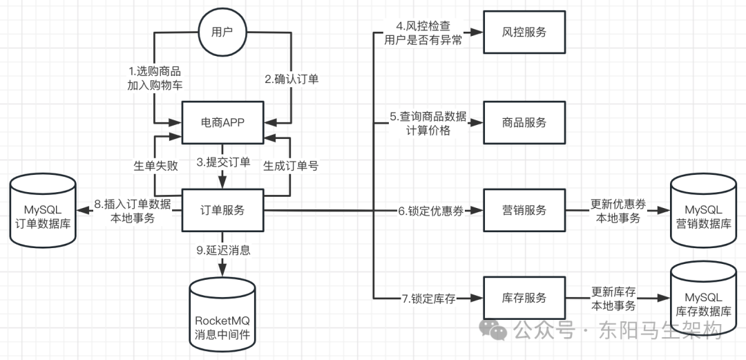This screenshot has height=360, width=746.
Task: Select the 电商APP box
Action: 223,122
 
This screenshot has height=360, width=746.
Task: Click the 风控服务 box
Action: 524,32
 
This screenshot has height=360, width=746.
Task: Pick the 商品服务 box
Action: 524,122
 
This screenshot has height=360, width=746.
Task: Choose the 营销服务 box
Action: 524,210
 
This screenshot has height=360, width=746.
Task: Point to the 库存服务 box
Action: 524,298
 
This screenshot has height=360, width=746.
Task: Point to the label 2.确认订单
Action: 292,79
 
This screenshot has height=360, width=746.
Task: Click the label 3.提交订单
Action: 222,163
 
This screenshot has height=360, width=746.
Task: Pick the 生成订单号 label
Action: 291,166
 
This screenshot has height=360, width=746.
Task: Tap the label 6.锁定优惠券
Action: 429,211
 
